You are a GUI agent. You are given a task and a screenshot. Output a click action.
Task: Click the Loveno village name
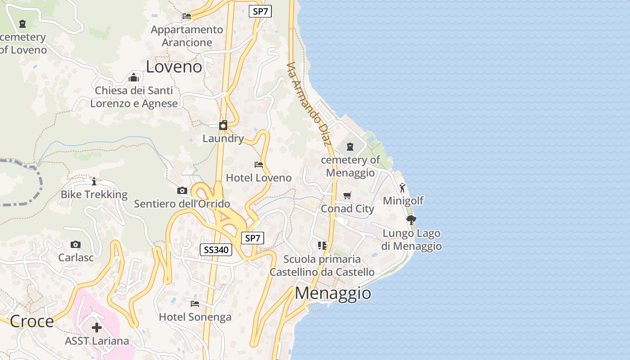point(174,67)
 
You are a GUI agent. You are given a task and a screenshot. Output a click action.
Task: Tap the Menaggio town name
point(333,293)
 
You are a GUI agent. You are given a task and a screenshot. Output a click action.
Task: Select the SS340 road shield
point(216,250)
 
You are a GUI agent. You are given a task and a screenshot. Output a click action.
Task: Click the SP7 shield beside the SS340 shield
point(252,238)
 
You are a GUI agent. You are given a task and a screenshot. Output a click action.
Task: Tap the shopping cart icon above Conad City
point(347,196)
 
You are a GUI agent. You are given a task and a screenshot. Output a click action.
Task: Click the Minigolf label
point(403,201)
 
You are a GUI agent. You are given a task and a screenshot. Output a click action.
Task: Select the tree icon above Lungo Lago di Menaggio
point(411,220)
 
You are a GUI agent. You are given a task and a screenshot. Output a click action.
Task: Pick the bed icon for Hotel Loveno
point(259,165)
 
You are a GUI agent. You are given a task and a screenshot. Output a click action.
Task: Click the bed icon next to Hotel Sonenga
point(195,304)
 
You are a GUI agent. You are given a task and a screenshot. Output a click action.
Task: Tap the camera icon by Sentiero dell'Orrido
point(182,191)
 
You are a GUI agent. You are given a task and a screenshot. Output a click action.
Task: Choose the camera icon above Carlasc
point(76,245)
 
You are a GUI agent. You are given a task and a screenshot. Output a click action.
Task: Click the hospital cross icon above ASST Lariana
point(97,328)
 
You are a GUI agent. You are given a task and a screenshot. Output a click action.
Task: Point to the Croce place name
point(31,321)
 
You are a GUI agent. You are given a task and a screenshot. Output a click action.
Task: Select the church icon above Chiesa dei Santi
point(134,77)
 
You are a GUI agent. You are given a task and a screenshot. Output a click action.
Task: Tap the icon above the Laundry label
point(223,125)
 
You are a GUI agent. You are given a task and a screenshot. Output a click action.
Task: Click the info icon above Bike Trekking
point(94,182)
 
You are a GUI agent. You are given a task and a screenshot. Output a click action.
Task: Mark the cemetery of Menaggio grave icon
point(350,147)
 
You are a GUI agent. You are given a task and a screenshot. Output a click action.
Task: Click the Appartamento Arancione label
point(187,36)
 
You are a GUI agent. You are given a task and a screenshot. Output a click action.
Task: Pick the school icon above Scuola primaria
point(322,246)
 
